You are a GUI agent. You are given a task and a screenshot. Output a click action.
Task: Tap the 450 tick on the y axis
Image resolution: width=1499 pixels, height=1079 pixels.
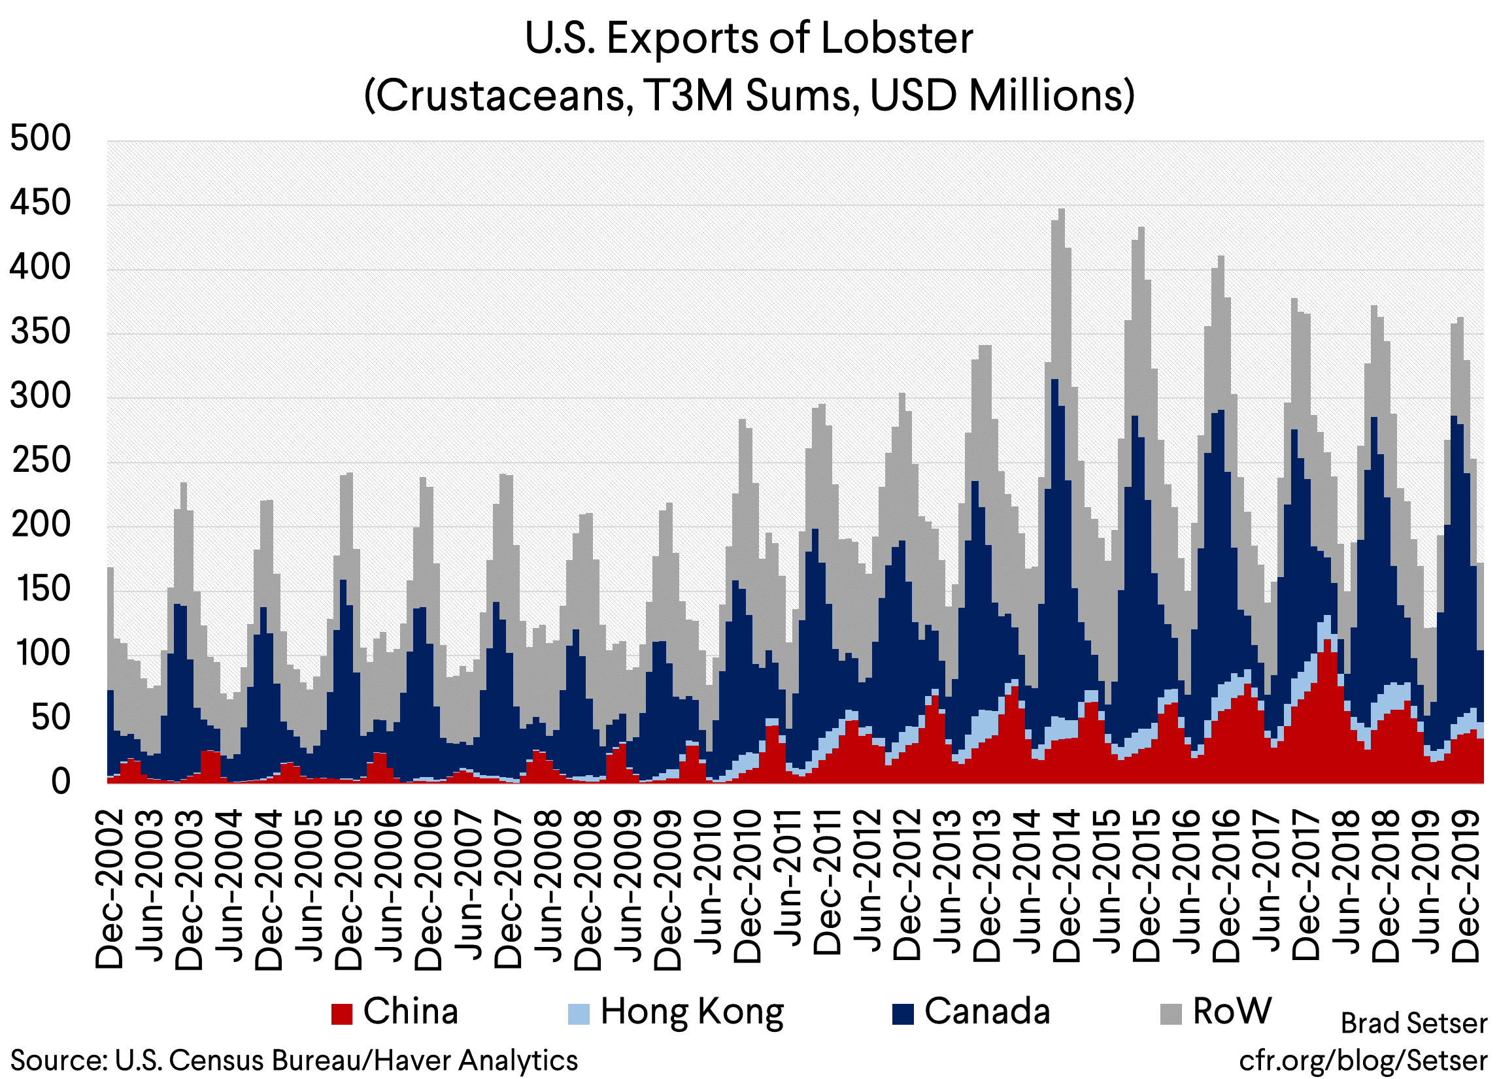pos(40,203)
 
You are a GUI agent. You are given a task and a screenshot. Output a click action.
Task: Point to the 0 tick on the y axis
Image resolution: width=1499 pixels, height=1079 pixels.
pos(60,782)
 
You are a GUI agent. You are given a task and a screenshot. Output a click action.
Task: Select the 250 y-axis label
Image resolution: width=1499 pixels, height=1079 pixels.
pos(40,461)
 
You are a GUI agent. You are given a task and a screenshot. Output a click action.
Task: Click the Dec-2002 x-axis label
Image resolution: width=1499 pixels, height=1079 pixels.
pos(110,889)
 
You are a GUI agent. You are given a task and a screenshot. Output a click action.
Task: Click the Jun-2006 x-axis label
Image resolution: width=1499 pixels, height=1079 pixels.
pos(389,886)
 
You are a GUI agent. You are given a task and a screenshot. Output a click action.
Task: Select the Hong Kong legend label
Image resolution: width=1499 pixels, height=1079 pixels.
pos(692,1012)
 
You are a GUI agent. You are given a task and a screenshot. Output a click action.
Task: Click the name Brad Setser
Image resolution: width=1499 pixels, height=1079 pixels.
pos(1413,1023)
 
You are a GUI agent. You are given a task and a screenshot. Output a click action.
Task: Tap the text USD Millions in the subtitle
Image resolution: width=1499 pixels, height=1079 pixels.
pos(1002,95)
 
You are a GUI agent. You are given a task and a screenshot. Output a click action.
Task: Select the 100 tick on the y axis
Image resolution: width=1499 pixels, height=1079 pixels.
pos(40,654)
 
